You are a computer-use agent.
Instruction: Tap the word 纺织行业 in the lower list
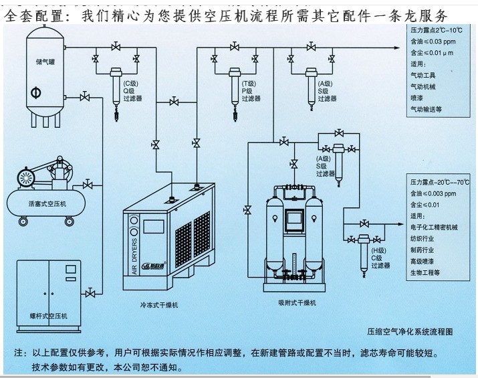425,240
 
